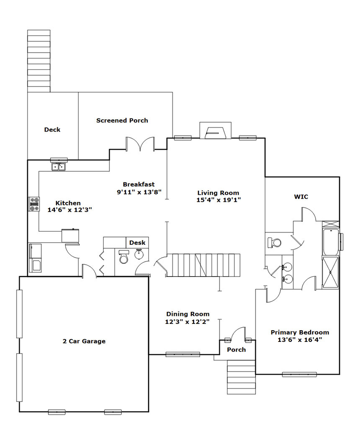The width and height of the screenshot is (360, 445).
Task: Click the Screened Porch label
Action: pos(122,120)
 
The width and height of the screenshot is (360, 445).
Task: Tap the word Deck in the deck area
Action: pos(52,130)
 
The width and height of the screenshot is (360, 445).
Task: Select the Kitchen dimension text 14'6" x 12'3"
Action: pos(70,210)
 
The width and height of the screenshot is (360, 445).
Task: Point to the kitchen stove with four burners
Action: pos(34,204)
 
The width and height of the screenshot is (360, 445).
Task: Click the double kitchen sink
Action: pos(58,167)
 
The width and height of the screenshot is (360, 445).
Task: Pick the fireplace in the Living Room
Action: pos(216,131)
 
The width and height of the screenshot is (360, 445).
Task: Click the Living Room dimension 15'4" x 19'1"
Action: pos(219,200)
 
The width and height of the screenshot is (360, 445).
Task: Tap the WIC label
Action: pos(301,197)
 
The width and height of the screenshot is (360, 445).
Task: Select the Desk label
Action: pos(137,243)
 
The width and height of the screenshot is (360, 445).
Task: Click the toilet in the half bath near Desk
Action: pos(123,256)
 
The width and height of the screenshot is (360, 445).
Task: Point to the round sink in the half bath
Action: pos(139,254)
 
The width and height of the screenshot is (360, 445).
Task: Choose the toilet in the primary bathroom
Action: pos(274,243)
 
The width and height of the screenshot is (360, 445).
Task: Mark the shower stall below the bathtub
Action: pos(331,272)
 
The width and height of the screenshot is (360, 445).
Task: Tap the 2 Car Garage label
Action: pos(84,341)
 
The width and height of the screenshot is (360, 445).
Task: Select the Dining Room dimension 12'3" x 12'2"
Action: pos(188,322)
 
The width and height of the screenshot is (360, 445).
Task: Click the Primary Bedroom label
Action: pos(300,332)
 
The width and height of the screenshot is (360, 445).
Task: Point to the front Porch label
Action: pos(237,349)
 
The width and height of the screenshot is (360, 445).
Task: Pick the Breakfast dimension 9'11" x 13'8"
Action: pos(139,192)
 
